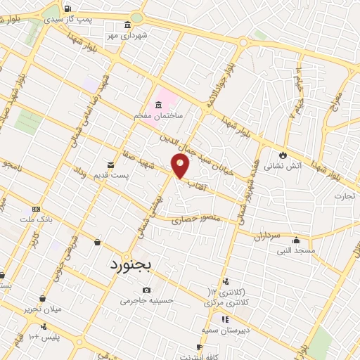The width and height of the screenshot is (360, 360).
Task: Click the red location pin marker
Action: pos(181,166)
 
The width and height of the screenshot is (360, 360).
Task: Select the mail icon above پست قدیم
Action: pos(110,162)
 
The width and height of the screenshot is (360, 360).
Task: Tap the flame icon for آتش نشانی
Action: pos(283,155)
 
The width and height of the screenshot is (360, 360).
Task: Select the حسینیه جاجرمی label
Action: pos(146,300)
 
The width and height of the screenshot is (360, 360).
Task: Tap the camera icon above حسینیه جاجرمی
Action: pos(146,290)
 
